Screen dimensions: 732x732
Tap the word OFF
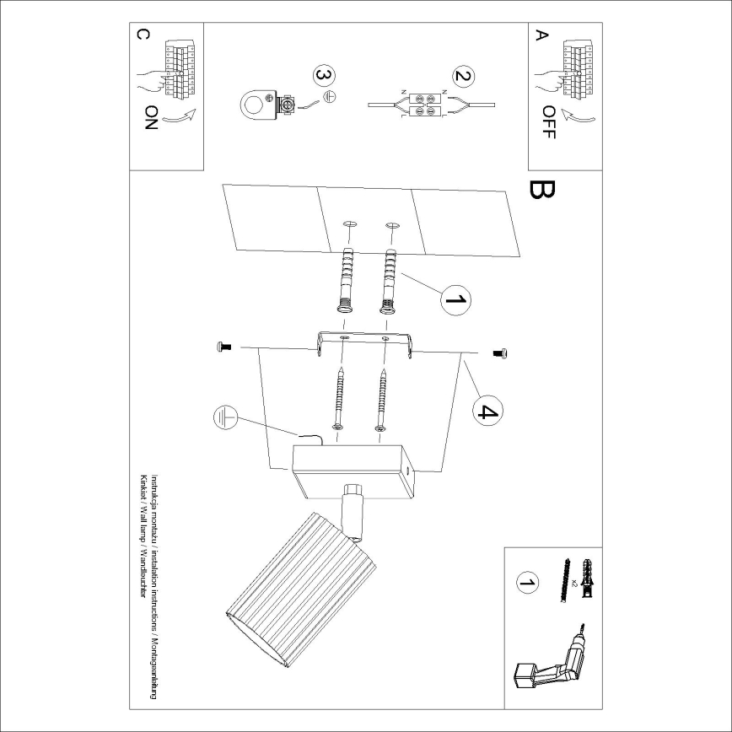[x=549, y=122]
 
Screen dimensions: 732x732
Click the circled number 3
[x=321, y=76]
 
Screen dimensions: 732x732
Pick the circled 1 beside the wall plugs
[x=454, y=299]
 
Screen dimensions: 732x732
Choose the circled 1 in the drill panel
[x=526, y=583]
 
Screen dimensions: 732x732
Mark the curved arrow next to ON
[x=178, y=119]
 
